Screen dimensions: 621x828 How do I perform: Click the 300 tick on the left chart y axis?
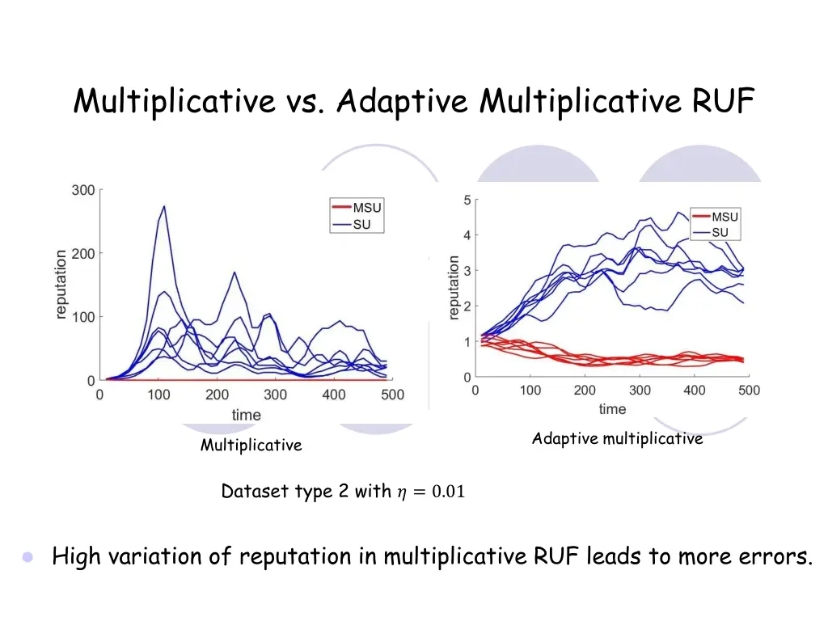tap(84, 190)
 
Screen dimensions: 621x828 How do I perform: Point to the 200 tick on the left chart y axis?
tap(84, 253)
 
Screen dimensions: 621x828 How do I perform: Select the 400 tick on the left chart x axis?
tap(334, 395)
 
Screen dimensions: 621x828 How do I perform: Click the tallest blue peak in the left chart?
tap(165, 206)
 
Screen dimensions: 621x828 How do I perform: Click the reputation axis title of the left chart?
tap(61, 285)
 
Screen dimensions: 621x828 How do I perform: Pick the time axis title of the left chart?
tap(247, 415)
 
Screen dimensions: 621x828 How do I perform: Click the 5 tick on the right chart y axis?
tap(467, 200)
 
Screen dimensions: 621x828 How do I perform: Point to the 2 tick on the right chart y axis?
tap(467, 306)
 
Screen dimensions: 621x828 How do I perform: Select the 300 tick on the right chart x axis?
tap(640, 391)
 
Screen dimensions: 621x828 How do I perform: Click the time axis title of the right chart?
tap(612, 409)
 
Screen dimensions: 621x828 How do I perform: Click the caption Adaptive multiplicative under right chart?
tap(617, 439)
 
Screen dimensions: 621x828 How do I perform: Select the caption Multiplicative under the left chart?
tap(251, 446)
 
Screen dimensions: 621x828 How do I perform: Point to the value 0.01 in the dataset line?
tap(448, 492)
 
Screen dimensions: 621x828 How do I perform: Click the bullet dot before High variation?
tap(28, 557)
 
